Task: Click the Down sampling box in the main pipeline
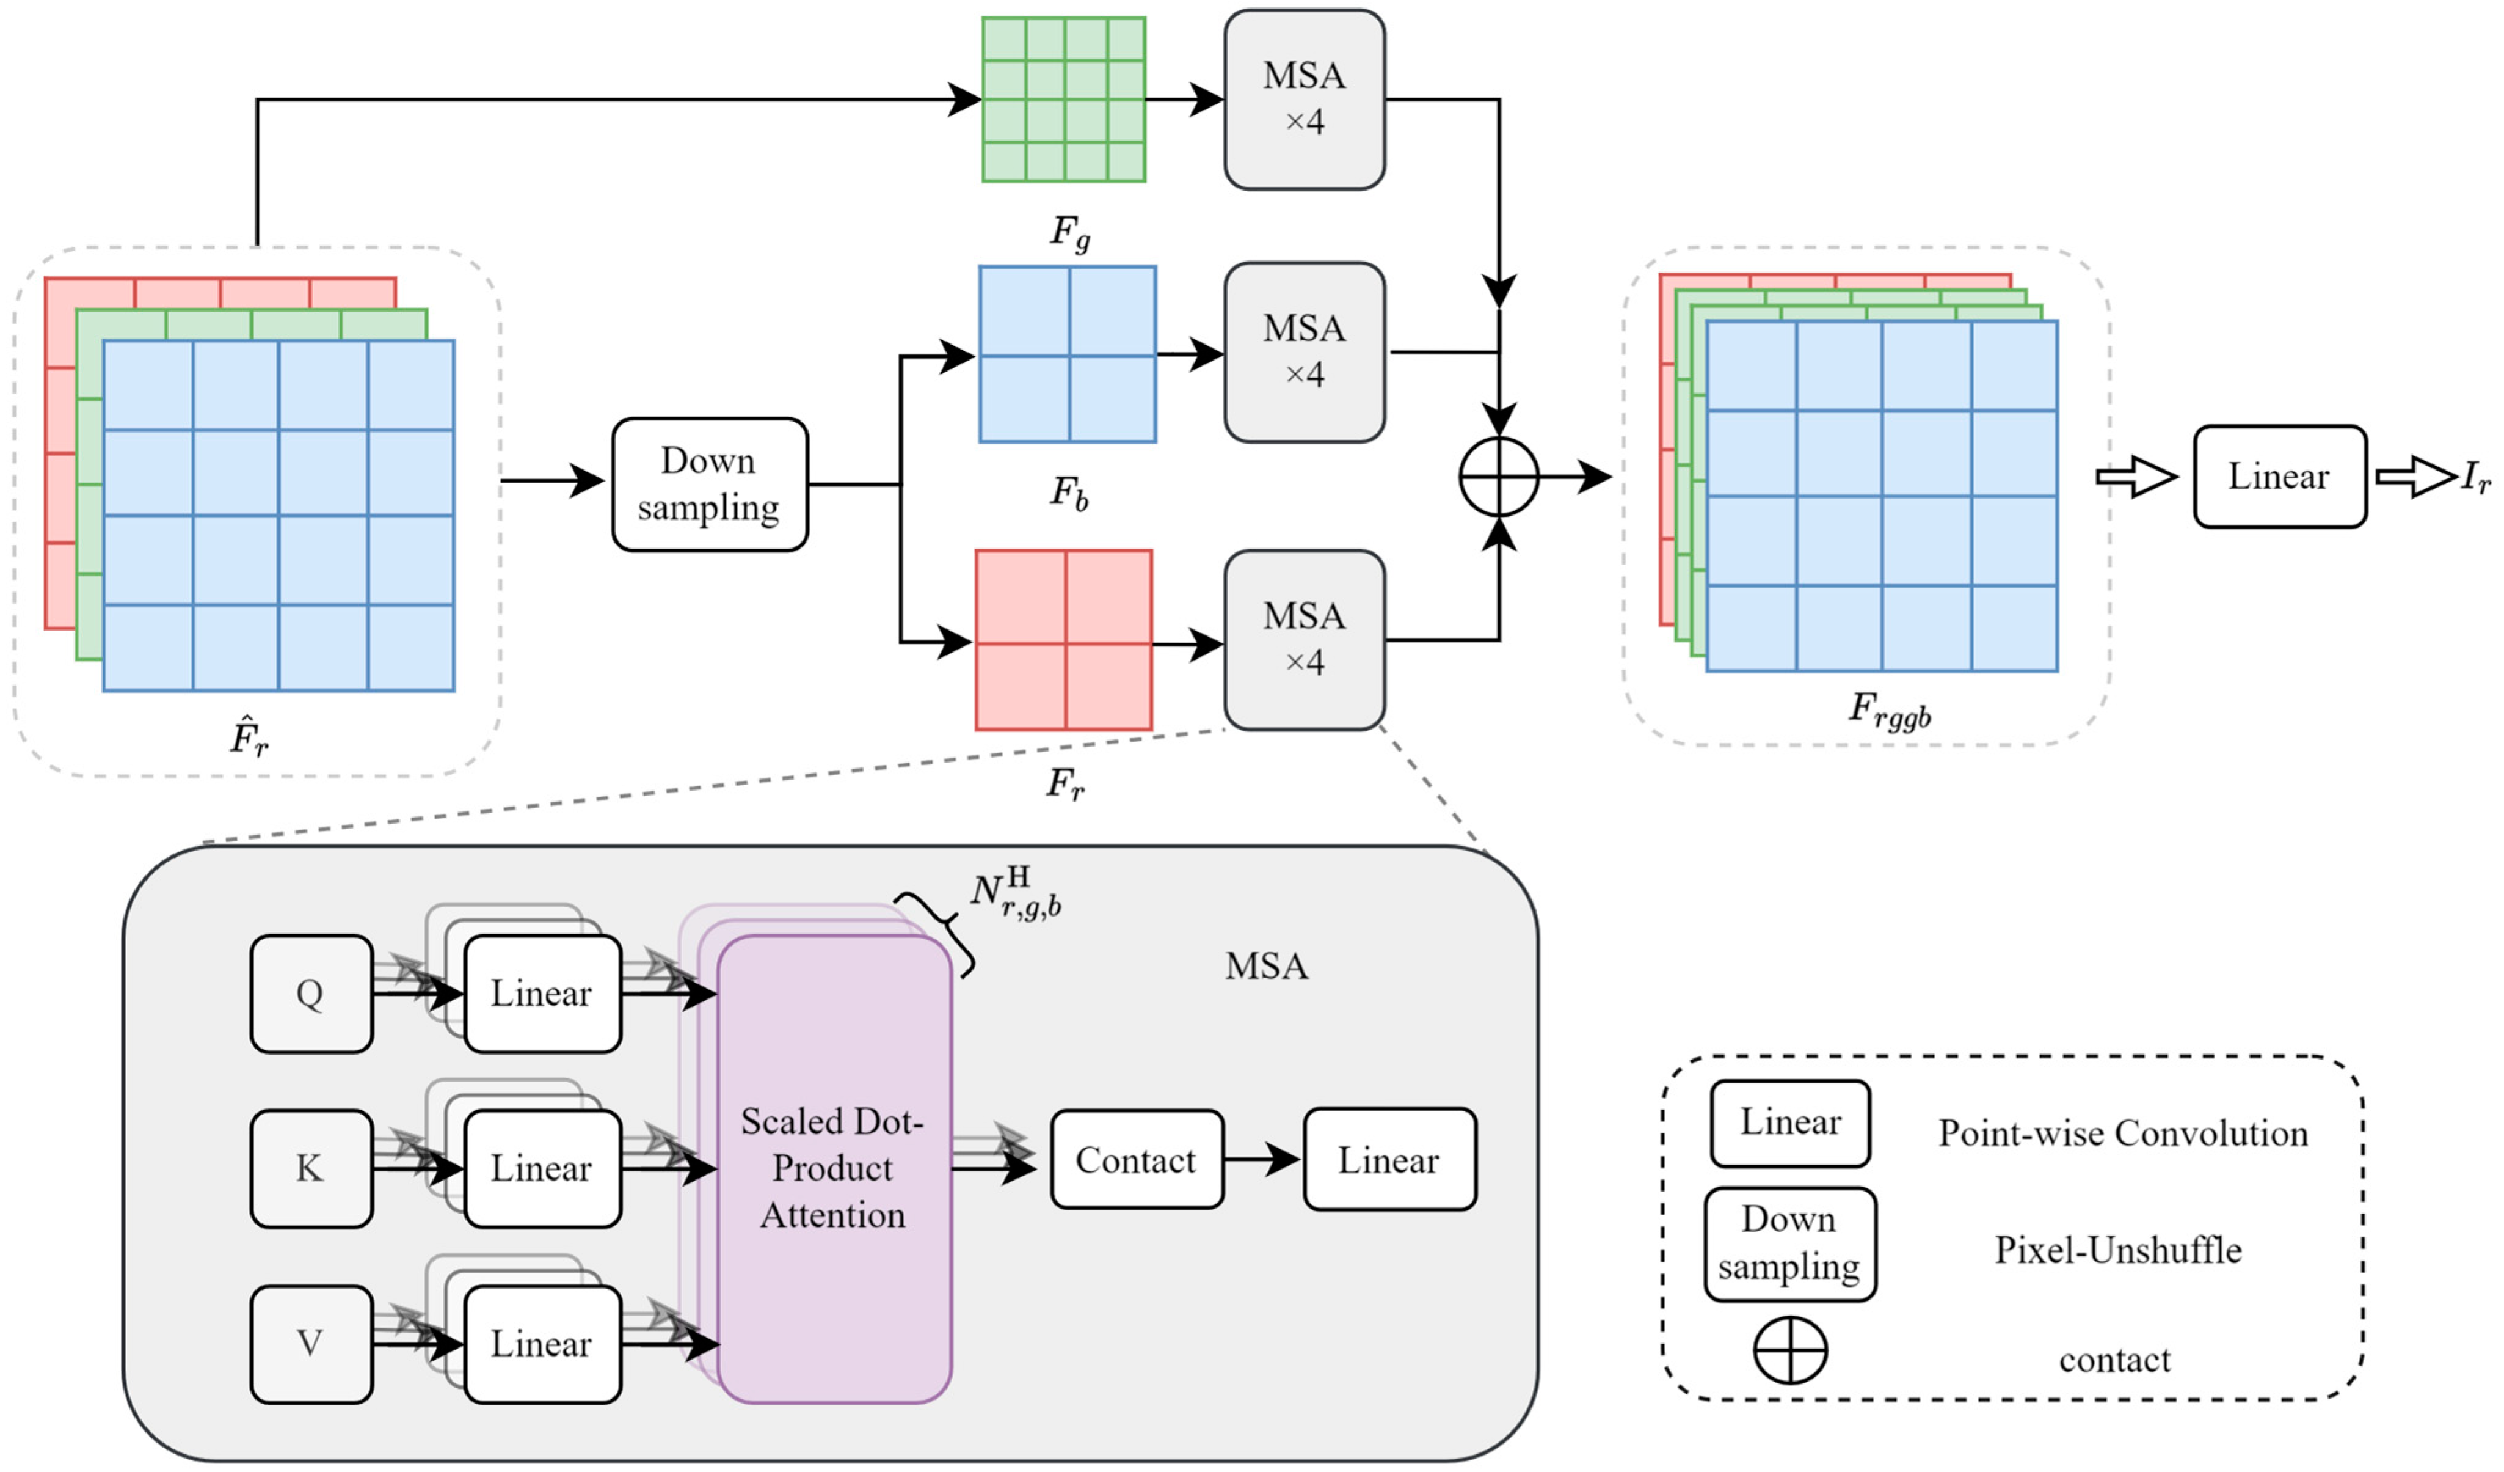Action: (710, 484)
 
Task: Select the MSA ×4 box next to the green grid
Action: (1304, 100)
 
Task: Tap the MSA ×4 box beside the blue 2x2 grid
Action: (1304, 352)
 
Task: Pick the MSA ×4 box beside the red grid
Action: (1304, 639)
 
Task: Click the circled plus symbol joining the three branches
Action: (1498, 477)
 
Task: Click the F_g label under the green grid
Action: (1069, 233)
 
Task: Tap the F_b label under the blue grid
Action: (1069, 492)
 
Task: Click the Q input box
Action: (311, 993)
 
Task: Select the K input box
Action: (311, 1168)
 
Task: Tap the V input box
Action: (311, 1344)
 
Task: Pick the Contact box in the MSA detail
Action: (1137, 1160)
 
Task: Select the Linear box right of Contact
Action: (1389, 1160)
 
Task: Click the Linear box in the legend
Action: (1789, 1123)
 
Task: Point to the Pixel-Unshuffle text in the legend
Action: (2117, 1250)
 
